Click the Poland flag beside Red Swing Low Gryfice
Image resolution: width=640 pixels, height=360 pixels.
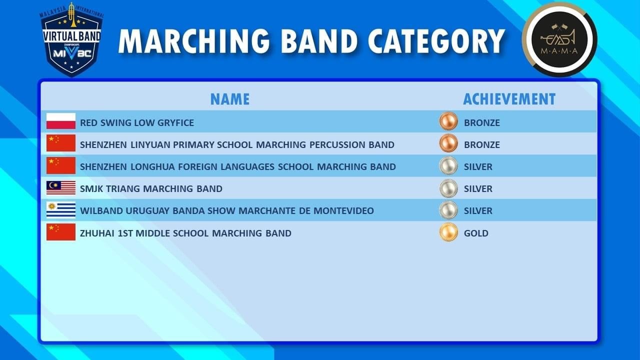click(61, 121)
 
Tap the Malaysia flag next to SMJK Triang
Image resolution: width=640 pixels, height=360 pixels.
click(61, 187)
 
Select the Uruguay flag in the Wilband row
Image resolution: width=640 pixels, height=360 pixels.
click(61, 210)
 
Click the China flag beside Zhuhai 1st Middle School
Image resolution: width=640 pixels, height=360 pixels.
click(61, 232)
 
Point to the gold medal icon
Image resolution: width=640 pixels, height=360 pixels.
click(448, 232)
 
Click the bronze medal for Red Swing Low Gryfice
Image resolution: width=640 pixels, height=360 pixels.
click(448, 121)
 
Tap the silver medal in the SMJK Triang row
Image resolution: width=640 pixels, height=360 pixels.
click(448, 188)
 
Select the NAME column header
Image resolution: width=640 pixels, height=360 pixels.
click(230, 99)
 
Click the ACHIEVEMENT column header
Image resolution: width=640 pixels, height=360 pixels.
click(509, 99)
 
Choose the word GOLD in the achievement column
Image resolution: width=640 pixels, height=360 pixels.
click(476, 233)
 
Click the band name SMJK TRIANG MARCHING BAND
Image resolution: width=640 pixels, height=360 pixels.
click(151, 188)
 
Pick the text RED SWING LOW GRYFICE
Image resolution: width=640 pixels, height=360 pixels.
click(137, 122)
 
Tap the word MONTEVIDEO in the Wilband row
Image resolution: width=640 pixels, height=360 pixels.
click(343, 210)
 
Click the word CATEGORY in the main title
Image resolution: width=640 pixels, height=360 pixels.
click(436, 41)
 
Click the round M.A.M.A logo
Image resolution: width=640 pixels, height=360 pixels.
click(559, 39)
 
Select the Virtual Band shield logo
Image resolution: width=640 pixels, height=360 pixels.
click(71, 40)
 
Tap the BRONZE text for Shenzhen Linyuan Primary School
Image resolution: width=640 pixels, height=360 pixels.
click(481, 144)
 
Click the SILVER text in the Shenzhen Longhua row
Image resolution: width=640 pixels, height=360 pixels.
click(478, 166)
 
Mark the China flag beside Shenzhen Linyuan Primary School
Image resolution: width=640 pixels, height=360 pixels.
click(61, 143)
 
